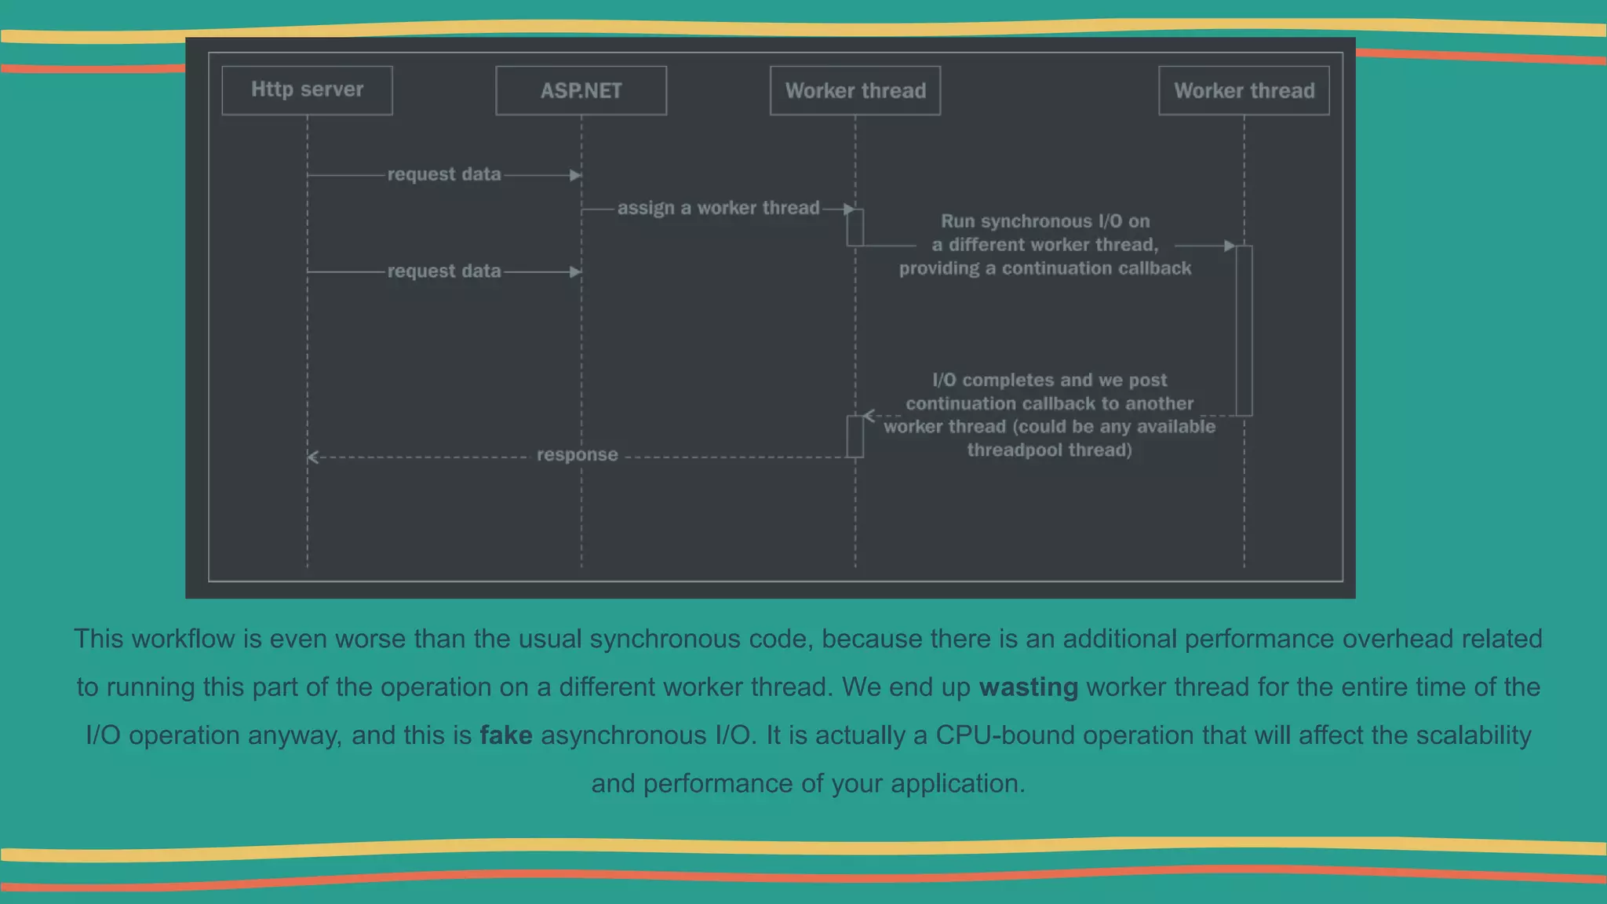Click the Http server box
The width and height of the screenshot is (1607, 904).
click(307, 90)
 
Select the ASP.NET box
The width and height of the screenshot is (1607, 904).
click(581, 91)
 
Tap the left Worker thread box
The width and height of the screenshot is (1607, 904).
click(855, 91)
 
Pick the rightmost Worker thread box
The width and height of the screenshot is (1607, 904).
click(1244, 91)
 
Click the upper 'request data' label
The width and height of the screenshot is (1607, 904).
click(444, 174)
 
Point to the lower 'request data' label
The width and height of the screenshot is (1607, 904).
click(444, 272)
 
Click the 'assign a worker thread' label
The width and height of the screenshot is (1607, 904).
click(718, 208)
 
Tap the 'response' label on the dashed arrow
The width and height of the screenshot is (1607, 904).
click(577, 455)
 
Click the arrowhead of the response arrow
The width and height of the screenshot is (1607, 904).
click(313, 457)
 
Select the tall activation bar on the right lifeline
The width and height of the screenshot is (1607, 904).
click(1244, 330)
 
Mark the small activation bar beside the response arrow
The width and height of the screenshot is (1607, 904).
click(855, 436)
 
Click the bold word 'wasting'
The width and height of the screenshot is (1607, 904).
click(1028, 687)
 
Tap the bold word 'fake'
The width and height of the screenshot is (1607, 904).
click(506, 735)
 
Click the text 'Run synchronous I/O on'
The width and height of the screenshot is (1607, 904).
click(1045, 221)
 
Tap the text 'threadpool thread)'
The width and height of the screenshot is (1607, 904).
click(1049, 450)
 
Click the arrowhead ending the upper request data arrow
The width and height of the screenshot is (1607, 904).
click(576, 175)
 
